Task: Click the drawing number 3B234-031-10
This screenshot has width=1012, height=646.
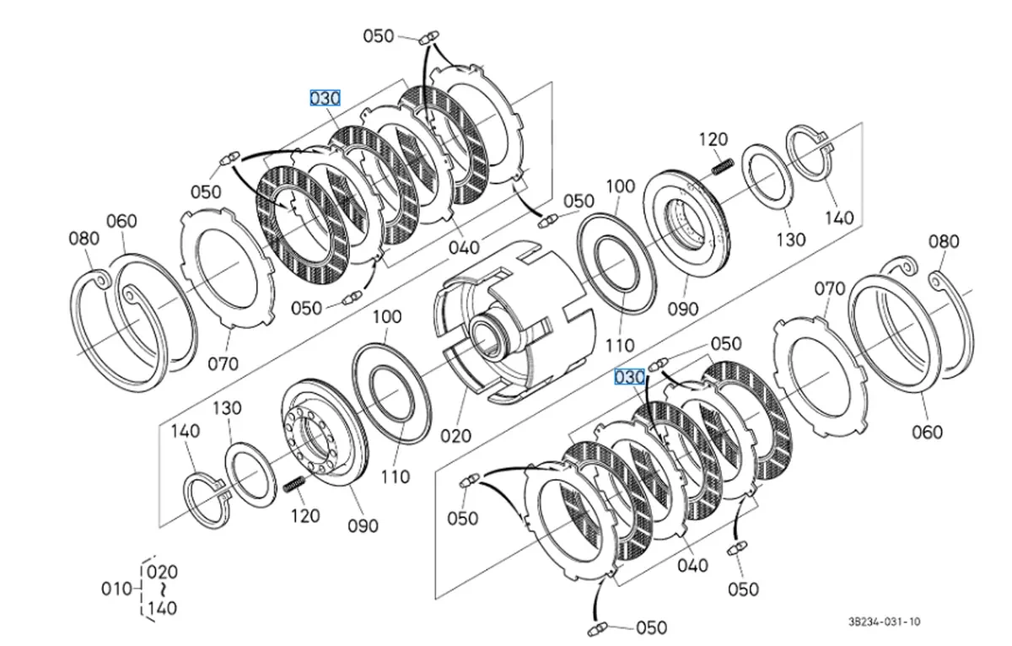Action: point(884,622)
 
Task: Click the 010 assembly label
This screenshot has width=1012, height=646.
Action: point(116,589)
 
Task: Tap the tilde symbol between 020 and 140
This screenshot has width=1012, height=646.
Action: point(164,590)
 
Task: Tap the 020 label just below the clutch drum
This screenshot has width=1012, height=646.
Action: point(456,436)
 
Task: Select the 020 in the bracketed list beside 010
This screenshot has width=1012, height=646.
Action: point(162,572)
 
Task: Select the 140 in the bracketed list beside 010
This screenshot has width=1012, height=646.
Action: point(162,608)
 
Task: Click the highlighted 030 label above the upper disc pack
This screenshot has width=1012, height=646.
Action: point(325,98)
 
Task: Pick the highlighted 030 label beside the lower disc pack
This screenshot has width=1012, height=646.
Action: point(629,377)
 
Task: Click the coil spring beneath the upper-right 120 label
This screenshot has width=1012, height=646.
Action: point(723,166)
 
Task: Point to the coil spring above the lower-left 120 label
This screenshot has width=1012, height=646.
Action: point(294,485)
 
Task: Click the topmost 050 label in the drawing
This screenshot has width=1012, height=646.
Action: point(379,36)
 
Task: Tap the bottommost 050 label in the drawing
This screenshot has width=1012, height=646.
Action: point(651,627)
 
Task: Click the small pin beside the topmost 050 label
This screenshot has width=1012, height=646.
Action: point(428,37)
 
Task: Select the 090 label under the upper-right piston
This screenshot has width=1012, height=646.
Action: point(683,309)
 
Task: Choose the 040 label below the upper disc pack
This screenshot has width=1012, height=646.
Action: point(464,248)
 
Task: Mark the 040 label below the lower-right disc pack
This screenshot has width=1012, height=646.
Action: point(693,565)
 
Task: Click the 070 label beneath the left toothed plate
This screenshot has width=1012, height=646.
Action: point(223,363)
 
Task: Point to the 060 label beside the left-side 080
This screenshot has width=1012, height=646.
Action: point(121,221)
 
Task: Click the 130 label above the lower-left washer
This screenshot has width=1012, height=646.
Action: point(227,408)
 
